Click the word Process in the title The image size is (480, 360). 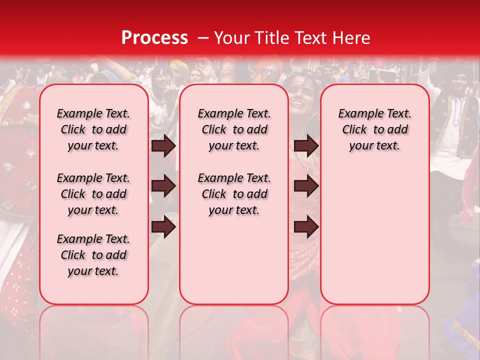point(154,38)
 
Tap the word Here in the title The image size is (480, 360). point(351,38)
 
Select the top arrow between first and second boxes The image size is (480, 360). point(163,146)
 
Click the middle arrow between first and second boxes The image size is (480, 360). point(163,186)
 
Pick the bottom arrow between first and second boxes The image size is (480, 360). point(163,227)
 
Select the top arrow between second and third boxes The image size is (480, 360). point(306,146)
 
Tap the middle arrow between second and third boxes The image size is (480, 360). point(306,186)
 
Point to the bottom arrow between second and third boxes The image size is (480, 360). point(306,227)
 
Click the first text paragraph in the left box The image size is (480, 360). point(93,129)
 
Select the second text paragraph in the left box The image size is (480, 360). point(93,194)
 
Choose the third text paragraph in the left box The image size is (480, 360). point(93,255)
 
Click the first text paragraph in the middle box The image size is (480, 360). point(234,129)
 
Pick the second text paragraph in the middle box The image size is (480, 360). point(234,194)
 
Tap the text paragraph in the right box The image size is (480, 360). point(375,129)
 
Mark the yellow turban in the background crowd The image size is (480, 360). point(178,65)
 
